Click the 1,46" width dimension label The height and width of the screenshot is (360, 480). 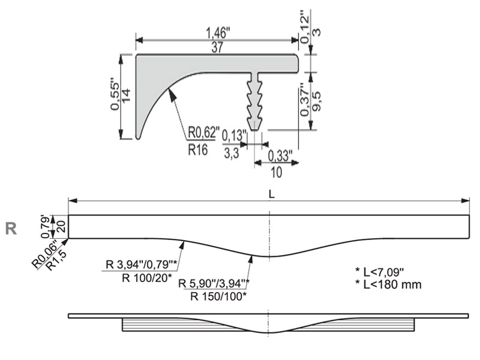[x=218, y=33]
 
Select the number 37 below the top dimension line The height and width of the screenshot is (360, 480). [x=217, y=47]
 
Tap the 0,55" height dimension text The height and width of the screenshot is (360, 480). [x=115, y=96]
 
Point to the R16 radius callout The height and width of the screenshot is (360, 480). [x=198, y=149]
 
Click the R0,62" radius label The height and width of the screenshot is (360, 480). [x=203, y=133]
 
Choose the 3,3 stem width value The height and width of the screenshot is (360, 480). [x=232, y=153]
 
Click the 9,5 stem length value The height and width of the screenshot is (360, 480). [x=317, y=101]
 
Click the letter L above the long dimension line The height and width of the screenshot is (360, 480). [x=272, y=194]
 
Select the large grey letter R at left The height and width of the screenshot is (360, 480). [x=11, y=229]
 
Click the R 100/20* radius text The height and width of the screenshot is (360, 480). [x=146, y=278]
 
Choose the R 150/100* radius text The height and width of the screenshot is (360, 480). [x=218, y=296]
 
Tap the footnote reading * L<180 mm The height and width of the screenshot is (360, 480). [x=388, y=284]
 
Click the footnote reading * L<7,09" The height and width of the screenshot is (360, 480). [x=380, y=271]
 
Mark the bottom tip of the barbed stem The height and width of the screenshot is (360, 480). [x=254, y=130]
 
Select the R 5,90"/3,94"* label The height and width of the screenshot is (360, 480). [x=214, y=283]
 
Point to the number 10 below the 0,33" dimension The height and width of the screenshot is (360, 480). [x=276, y=172]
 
